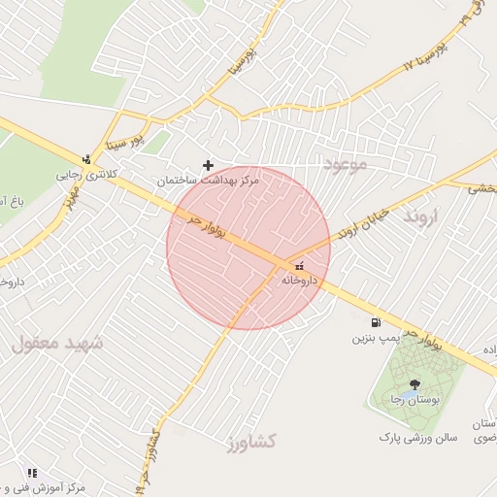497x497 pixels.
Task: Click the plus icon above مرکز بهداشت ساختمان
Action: click(208, 166)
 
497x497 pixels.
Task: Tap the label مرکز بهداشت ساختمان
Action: click(204, 181)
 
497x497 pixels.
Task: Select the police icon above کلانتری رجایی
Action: click(86, 159)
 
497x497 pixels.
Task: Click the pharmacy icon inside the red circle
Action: click(298, 265)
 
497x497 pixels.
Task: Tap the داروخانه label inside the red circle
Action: click(300, 280)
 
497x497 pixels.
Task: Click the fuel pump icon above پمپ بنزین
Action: click(375, 322)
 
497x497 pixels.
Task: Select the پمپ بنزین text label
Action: click(376, 339)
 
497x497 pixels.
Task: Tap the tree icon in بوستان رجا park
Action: click(415, 384)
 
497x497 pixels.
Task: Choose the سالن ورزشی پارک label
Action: click(416, 438)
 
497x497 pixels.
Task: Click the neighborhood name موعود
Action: click(347, 166)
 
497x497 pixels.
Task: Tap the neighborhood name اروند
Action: click(424, 215)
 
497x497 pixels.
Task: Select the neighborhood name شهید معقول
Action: click(50, 343)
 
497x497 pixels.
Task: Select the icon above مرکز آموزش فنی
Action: click(32, 473)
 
